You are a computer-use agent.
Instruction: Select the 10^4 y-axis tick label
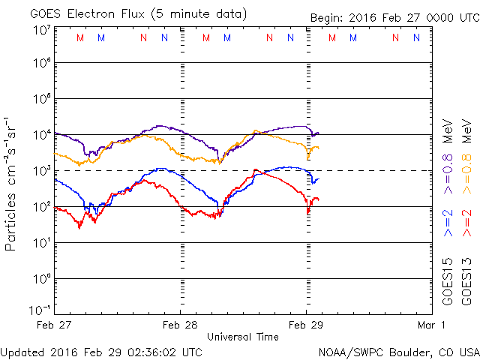point(40,134)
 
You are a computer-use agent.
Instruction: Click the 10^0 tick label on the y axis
point(40,278)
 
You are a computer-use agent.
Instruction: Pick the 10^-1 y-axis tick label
point(40,310)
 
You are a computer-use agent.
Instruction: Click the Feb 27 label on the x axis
point(55,325)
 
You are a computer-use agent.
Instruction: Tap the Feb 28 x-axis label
point(181,325)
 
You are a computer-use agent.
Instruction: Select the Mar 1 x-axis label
point(431,325)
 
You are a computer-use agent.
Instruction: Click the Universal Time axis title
point(243,337)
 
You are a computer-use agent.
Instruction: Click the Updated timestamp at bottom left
point(101,351)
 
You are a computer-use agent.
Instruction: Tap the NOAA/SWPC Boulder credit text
point(398,351)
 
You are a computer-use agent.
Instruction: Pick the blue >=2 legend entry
point(448,223)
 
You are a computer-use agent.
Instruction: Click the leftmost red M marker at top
point(80,37)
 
